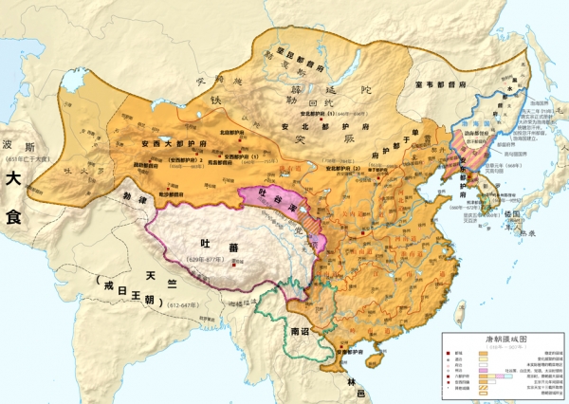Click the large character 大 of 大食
[13, 178]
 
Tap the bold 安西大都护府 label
[172, 143]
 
